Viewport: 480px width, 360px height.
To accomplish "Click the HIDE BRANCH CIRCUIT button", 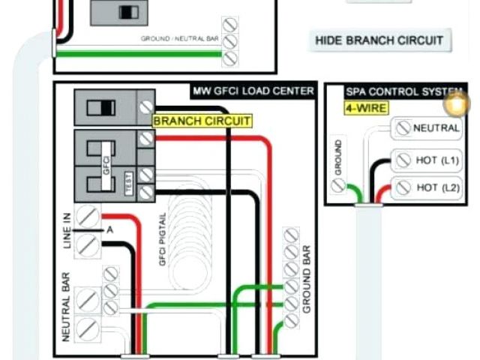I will point(379,40).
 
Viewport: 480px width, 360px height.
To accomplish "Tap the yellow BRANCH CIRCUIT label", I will point(202,121).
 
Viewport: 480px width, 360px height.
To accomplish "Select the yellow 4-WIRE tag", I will point(366,108).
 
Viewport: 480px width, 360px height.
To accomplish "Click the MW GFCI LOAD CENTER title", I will point(253,91).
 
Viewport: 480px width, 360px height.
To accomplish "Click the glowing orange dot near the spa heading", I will point(455,104).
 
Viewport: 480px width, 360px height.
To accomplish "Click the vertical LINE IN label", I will point(66,231).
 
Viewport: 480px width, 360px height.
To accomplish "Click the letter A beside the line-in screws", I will point(109,229).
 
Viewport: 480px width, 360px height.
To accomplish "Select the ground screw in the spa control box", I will point(339,186).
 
